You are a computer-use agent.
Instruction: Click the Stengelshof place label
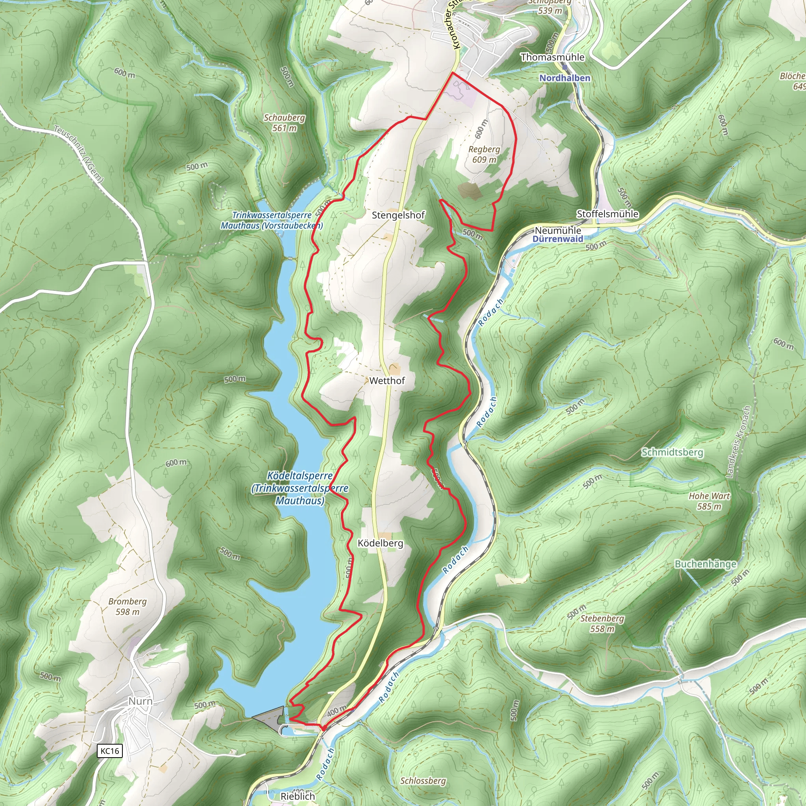pos(398,215)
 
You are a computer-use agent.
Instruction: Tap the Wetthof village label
pos(387,381)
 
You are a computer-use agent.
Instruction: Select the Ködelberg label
pos(381,543)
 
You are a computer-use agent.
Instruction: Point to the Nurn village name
pos(140,701)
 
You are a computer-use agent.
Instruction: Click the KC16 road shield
pos(110,751)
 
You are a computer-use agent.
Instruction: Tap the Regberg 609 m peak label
pos(484,154)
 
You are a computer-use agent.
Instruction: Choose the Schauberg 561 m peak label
pos(284,123)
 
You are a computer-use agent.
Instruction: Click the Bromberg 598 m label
pos(127,606)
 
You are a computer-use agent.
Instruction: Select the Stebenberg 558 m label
pos(602,623)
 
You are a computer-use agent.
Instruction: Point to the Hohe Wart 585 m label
pos(709,501)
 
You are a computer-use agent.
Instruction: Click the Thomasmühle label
pos(552,57)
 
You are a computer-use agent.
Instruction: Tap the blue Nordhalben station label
pos(565,78)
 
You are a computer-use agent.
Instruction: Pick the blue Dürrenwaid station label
pos(558,239)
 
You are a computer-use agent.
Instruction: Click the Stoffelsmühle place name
pos(607,214)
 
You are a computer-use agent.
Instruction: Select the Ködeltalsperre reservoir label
pos(300,488)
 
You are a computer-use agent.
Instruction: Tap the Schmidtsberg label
pos(672,452)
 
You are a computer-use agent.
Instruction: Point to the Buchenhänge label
pos(706,564)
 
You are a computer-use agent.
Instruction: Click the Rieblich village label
pos(298,796)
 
